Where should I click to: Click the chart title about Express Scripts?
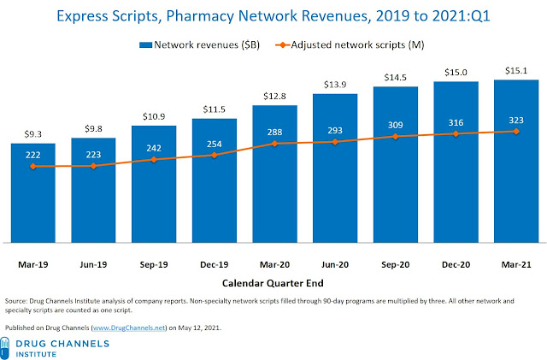273,15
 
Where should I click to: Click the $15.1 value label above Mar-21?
515,70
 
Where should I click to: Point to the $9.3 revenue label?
33,133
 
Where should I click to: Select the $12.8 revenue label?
274,95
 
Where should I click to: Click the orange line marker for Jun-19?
93,166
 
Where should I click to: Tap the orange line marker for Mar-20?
274,144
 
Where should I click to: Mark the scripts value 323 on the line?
515,121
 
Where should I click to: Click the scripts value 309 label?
395,125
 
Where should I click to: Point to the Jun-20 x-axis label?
334,265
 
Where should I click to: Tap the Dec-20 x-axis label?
455,265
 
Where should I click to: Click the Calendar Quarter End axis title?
273,284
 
